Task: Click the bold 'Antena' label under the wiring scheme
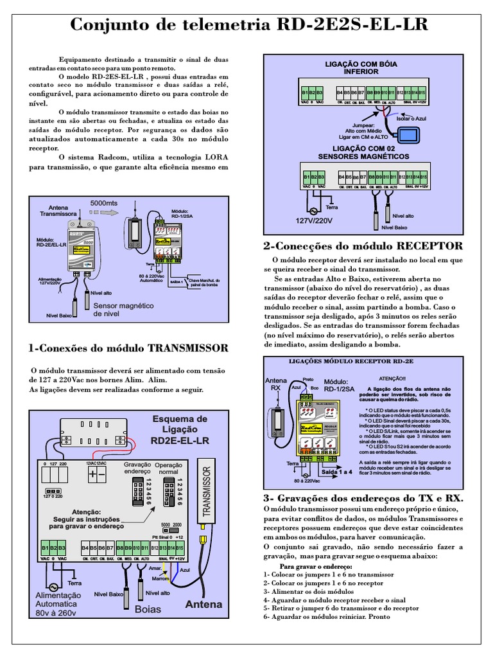[203, 604]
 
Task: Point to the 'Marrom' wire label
[160, 578]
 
